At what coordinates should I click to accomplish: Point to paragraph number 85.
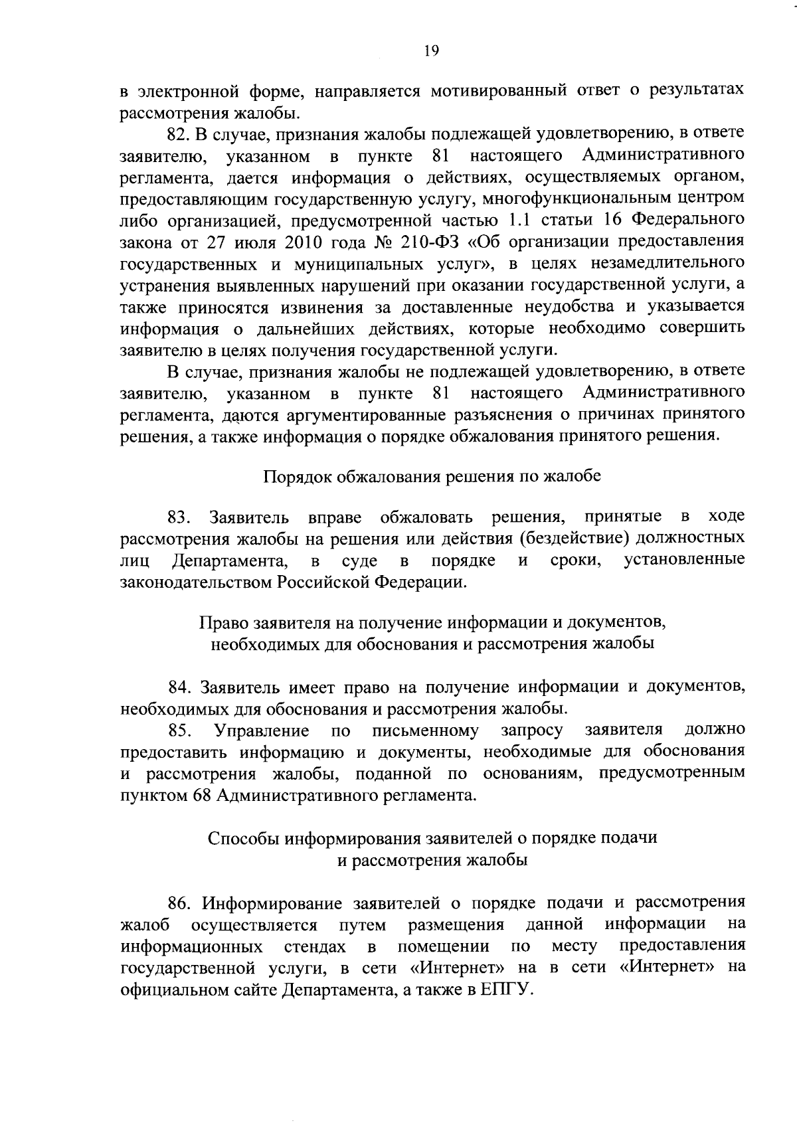click(179, 731)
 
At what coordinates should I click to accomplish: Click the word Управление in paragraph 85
click(262, 731)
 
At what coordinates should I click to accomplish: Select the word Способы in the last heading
click(244, 837)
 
